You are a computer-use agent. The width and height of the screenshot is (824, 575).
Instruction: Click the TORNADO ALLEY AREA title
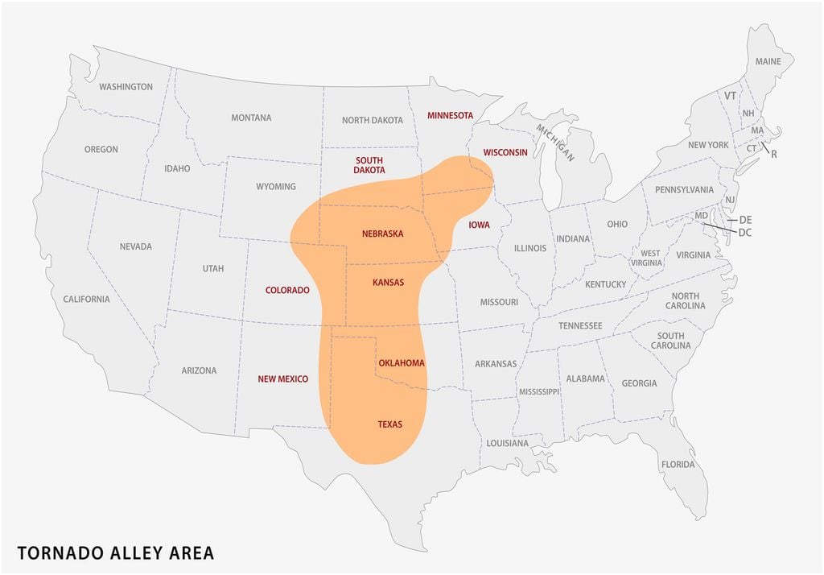tap(116, 553)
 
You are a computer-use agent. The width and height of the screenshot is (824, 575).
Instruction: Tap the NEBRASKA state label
tap(382, 234)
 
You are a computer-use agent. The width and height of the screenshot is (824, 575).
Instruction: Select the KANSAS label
tap(388, 283)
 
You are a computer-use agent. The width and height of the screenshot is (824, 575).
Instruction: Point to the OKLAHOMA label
tap(401, 363)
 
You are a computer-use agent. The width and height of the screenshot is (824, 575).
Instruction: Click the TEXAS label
tap(389, 424)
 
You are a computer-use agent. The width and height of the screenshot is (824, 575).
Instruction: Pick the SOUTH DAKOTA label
tap(369, 165)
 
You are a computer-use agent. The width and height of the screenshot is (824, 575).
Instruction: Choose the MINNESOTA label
tap(450, 115)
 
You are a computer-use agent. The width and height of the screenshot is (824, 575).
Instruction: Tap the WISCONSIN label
tap(505, 152)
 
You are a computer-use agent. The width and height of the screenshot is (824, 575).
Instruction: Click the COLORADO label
tap(287, 290)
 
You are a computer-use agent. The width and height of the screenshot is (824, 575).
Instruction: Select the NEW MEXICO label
tap(282, 379)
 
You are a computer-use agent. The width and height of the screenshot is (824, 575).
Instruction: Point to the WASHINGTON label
tap(126, 87)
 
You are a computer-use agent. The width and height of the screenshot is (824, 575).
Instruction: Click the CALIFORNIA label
tap(86, 300)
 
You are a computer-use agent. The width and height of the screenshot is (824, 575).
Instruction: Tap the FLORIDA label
tap(678, 465)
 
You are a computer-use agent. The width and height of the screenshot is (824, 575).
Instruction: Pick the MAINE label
tap(768, 62)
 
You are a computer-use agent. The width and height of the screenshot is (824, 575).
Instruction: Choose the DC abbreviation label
tap(745, 232)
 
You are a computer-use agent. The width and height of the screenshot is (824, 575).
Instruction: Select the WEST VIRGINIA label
tap(650, 259)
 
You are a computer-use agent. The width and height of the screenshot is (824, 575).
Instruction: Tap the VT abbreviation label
tap(730, 96)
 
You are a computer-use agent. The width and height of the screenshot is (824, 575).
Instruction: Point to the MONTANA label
tap(251, 118)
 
